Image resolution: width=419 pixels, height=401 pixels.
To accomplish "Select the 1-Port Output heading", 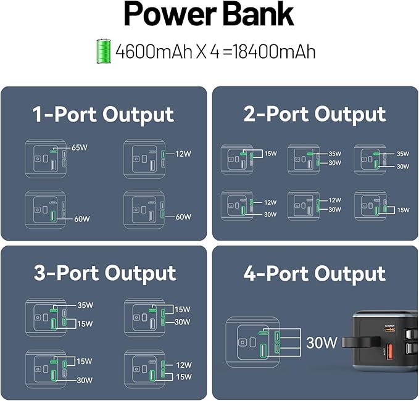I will click(103, 115).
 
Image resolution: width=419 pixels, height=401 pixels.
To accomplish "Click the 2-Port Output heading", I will click(315, 114).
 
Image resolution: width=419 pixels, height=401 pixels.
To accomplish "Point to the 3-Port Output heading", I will click(105, 273).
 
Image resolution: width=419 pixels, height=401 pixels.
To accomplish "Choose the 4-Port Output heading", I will click(315, 273).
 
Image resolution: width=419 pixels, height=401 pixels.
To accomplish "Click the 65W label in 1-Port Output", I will click(80, 148).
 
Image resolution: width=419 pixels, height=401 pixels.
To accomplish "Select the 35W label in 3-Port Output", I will click(85, 305).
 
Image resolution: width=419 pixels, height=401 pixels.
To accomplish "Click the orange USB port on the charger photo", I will click(390, 352).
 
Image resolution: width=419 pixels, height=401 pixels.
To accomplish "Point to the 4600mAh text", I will click(146, 52).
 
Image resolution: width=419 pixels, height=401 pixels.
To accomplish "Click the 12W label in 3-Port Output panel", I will click(184, 365).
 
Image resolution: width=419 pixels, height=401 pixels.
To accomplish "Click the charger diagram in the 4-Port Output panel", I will click(254, 343).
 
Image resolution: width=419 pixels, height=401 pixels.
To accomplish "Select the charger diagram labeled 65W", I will click(45, 159).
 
